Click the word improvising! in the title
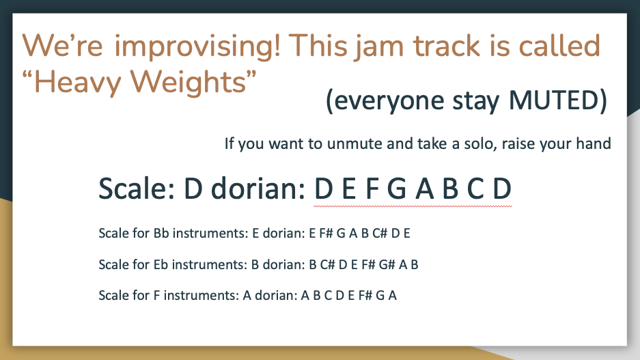pos(197,46)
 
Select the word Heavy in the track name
pos(78,83)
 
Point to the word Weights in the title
pos(188,83)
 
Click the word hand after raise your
pos(593,143)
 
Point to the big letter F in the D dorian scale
pos(372,189)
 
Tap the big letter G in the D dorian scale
pos(397,189)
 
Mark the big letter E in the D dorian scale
pos(348,189)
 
